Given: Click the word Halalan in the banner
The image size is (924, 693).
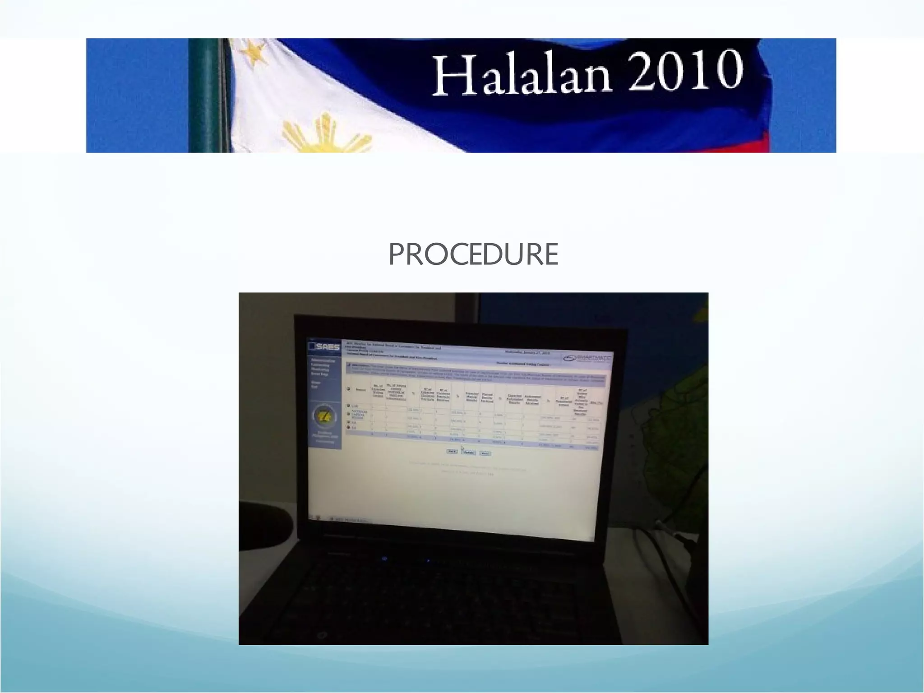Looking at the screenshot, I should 521,74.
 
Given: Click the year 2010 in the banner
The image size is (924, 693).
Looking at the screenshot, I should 685,71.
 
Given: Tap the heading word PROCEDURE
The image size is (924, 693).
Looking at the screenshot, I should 473,254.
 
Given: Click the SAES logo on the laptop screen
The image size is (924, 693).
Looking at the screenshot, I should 324,346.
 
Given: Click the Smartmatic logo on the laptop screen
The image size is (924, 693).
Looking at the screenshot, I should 587,358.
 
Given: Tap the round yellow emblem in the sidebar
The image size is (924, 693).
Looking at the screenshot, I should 324,416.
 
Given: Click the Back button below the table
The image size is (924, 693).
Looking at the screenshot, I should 452,451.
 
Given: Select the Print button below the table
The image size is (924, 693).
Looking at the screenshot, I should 485,453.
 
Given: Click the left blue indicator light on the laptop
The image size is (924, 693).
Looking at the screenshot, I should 384,559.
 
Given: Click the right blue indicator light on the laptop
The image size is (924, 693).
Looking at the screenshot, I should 428,561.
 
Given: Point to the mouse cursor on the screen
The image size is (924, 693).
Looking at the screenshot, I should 462,448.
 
